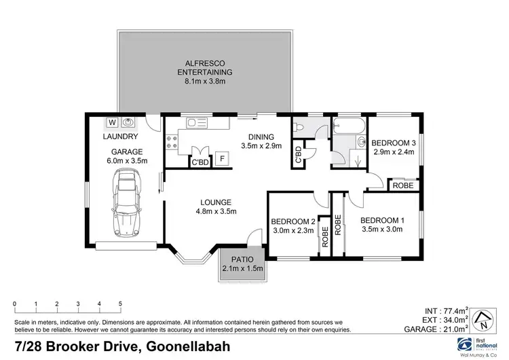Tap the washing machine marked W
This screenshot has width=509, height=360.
pyautogui.click(x=112, y=123)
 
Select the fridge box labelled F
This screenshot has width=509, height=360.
pyautogui.click(x=221, y=159)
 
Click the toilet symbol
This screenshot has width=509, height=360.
pyautogui.click(x=299, y=127)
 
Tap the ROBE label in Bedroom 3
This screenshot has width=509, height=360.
pyautogui.click(x=403, y=185)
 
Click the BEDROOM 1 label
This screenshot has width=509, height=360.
pyautogui.click(x=381, y=219)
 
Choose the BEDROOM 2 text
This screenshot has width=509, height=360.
pyautogui.click(x=293, y=221)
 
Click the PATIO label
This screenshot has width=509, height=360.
pyautogui.click(x=242, y=259)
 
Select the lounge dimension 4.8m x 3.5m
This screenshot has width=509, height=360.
pyautogui.click(x=216, y=211)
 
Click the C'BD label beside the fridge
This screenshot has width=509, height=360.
pyautogui.click(x=200, y=162)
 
